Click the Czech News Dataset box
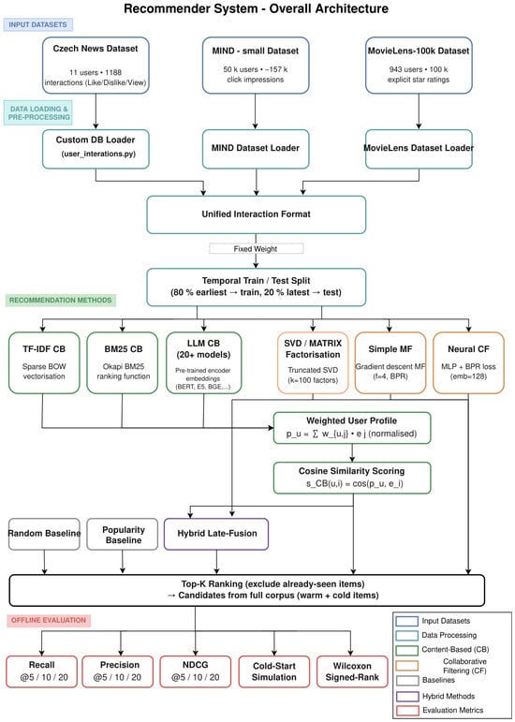pos(96,66)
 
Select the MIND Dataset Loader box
pos(255,148)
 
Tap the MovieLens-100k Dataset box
pos(419,66)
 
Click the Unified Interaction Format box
pos(256,214)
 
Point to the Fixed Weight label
pos(256,249)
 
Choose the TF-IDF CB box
pos(44,362)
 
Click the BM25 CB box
pos(123,362)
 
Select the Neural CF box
pos(468,362)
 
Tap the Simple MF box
pos(390,362)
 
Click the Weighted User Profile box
pos(352,428)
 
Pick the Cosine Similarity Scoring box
pos(352,478)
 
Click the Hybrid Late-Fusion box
pos(216,534)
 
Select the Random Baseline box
pos(44,534)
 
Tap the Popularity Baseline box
pos(123,534)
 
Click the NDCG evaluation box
pos(196,671)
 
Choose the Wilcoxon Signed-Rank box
pos(352,671)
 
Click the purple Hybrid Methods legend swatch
pos(406,696)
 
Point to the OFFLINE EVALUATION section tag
pos(49,620)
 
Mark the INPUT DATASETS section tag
pos(37,24)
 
